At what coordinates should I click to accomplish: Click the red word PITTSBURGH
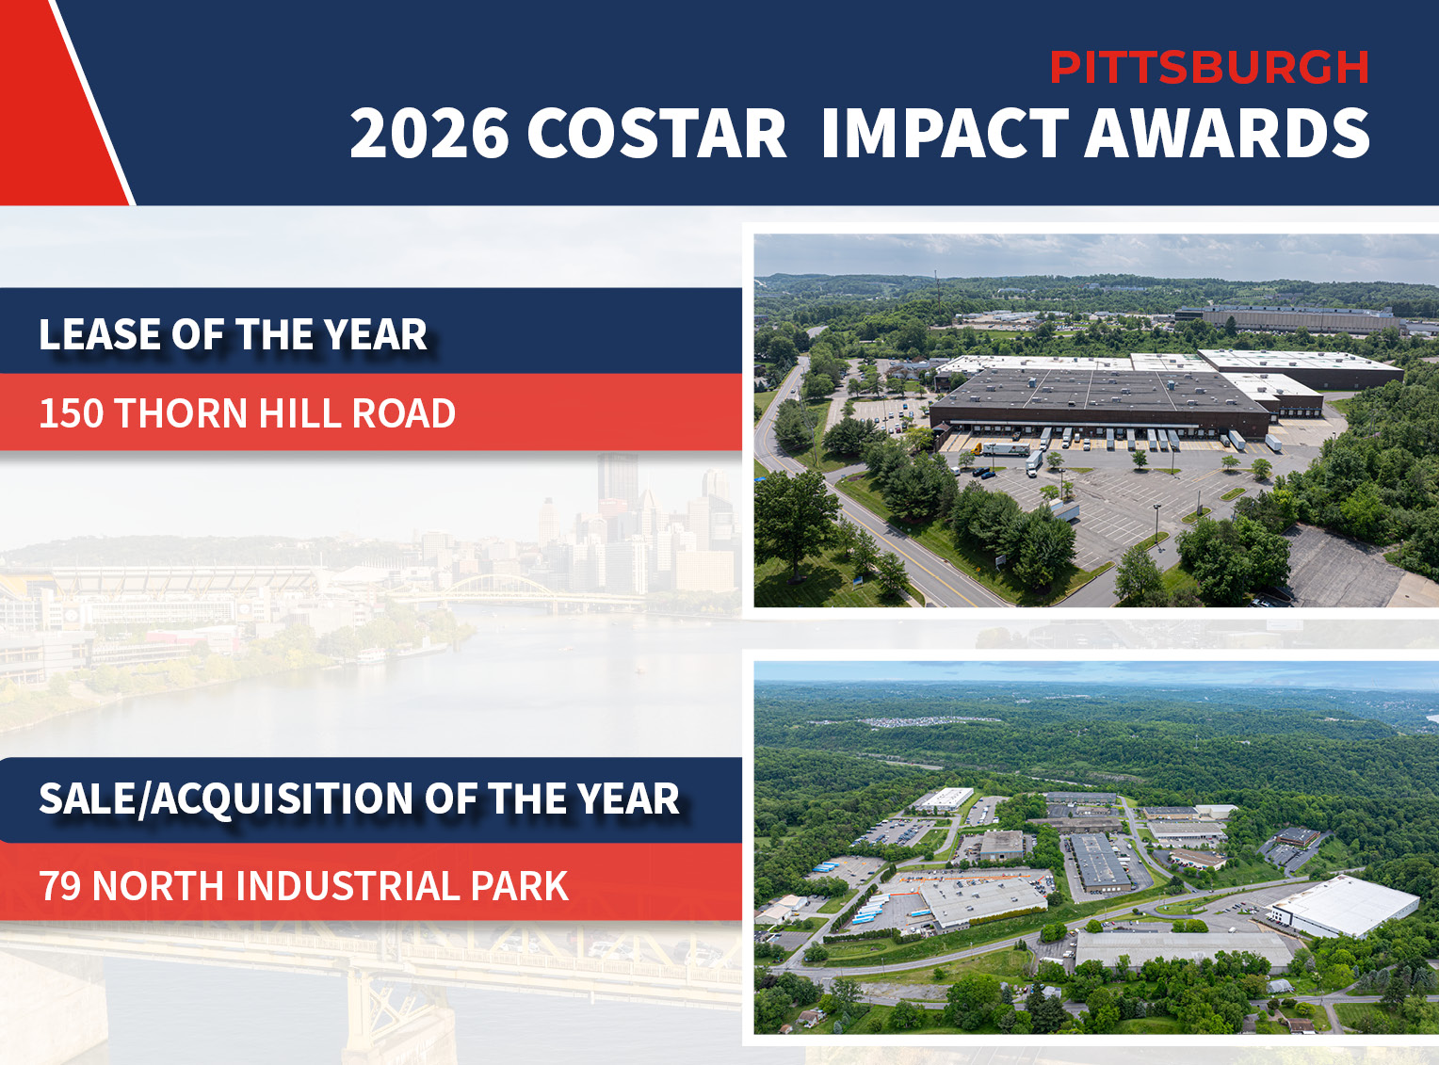click(x=1208, y=68)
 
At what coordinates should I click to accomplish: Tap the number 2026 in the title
click(x=428, y=133)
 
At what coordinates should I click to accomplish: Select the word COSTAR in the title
click(x=656, y=133)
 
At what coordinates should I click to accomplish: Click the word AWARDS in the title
click(x=1227, y=133)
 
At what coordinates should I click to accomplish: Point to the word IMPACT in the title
click(x=946, y=133)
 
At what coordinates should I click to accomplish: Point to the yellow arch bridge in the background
click(x=499, y=589)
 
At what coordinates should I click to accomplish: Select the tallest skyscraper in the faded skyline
click(x=617, y=485)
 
